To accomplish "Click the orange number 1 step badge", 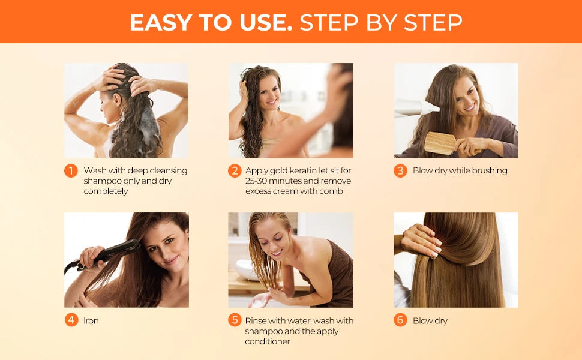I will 71,171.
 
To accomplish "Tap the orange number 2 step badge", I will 235,171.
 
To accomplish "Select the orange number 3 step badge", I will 400,171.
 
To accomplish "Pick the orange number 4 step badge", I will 71,320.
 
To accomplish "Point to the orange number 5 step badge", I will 235,320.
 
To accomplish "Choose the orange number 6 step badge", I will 400,320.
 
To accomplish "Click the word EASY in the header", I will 159,23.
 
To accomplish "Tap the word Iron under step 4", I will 91,321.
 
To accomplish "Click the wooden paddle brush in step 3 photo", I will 441,143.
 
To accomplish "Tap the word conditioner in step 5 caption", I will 267,341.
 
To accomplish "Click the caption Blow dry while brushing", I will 460,171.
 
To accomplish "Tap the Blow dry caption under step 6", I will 430,321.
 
